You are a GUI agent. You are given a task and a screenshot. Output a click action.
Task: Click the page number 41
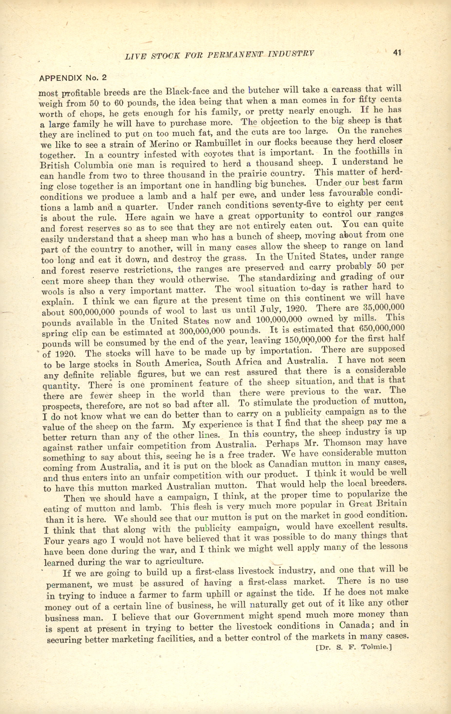coord(397,53)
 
